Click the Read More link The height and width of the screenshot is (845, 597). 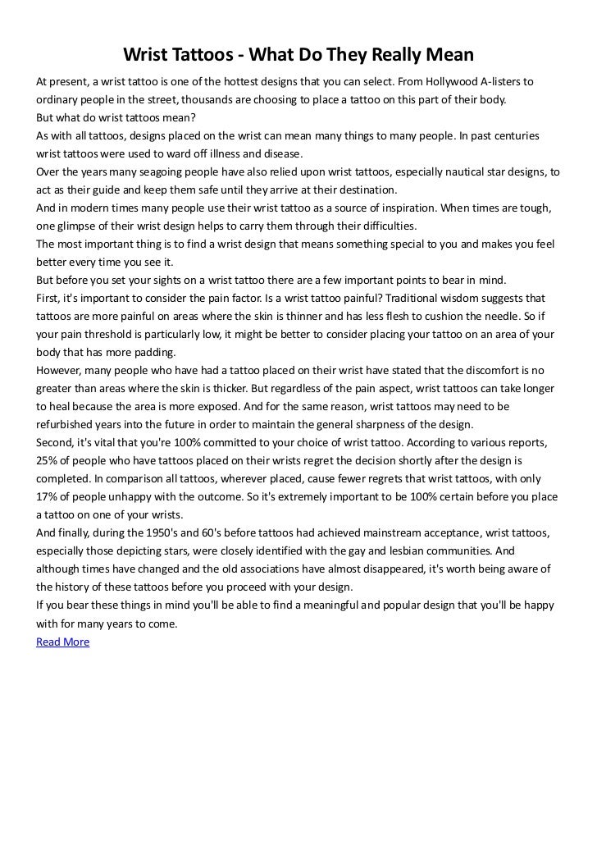[x=62, y=642]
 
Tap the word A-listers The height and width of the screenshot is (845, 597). [x=507, y=83]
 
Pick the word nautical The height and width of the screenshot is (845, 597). [x=457, y=173]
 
